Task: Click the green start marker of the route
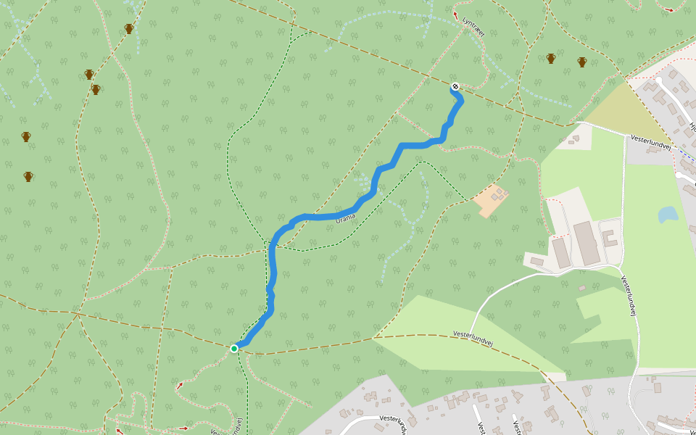pyautogui.click(x=234, y=349)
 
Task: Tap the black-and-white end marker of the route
pyautogui.click(x=455, y=87)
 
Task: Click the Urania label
pyautogui.click(x=346, y=217)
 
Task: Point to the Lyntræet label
pyautogui.click(x=473, y=27)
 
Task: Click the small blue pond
pyautogui.click(x=667, y=215)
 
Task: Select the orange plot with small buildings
pyautogui.click(x=491, y=200)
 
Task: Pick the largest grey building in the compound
pyautogui.click(x=586, y=244)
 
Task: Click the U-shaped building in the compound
pyautogui.click(x=610, y=239)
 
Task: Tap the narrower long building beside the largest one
pyautogui.click(x=561, y=252)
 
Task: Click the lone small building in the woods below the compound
pyautogui.click(x=581, y=289)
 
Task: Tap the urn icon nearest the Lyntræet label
pyautogui.click(x=551, y=58)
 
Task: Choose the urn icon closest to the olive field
pyautogui.click(x=582, y=62)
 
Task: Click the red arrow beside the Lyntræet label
pyautogui.click(x=455, y=15)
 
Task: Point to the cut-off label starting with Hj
pyautogui.click(x=692, y=128)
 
